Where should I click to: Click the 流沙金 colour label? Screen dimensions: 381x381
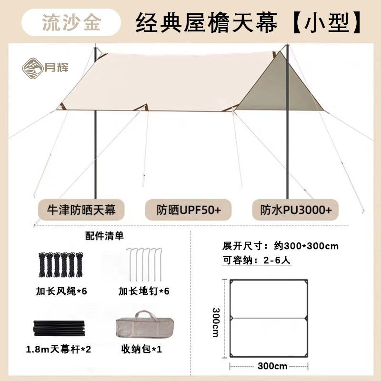click(x=71, y=22)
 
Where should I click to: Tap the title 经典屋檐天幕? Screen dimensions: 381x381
click(x=206, y=22)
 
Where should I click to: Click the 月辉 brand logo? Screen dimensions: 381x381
click(x=46, y=67)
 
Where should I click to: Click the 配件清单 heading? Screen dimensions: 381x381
click(x=104, y=235)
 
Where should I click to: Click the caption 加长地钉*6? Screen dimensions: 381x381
click(x=144, y=291)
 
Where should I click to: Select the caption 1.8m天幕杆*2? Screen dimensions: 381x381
click(x=59, y=350)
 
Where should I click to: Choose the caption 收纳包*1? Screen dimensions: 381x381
click(x=142, y=350)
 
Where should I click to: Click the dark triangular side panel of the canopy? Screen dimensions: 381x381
click(x=267, y=90)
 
